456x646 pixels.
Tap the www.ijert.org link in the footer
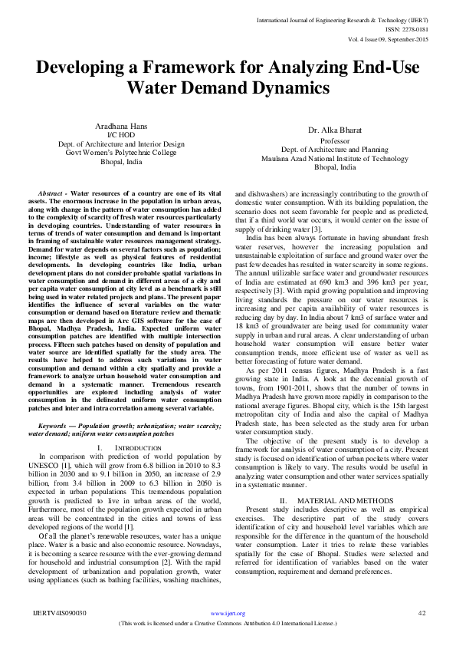pyautogui.click(x=228, y=614)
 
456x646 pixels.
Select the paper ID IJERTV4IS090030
pyautogui.click(x=60, y=613)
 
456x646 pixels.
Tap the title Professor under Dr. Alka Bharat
pyautogui.click(x=336, y=141)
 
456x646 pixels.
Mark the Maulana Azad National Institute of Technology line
pyautogui.click(x=336, y=159)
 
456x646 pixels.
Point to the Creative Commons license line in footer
pyautogui.click(x=228, y=624)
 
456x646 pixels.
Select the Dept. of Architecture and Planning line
pyautogui.click(x=336, y=150)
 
